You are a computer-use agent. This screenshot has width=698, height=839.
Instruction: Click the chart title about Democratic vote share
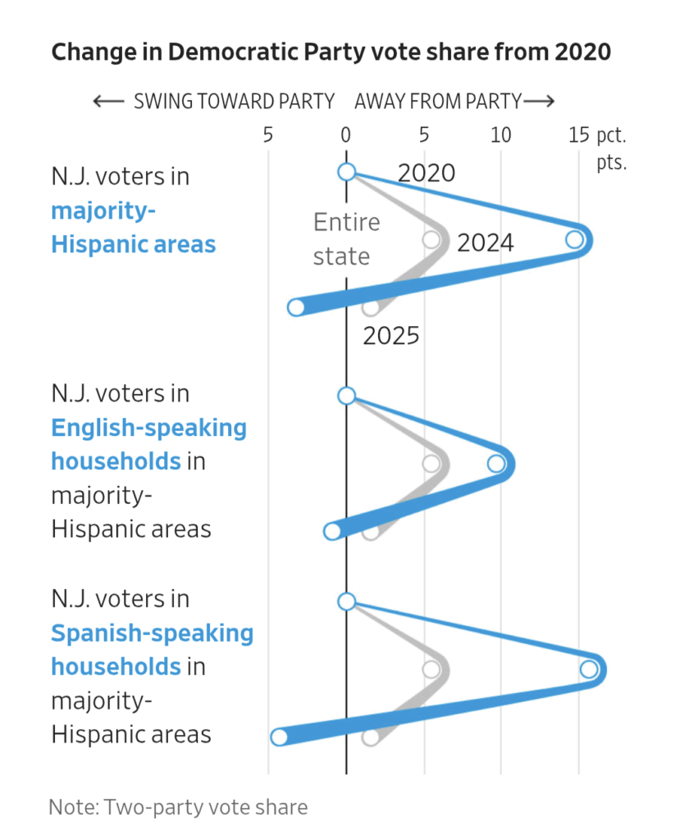click(x=331, y=52)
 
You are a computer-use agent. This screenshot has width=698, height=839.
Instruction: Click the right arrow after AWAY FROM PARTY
click(x=539, y=102)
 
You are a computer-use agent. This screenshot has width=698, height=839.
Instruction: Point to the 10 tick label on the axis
click(x=500, y=135)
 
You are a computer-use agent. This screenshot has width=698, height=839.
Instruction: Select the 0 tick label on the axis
click(x=346, y=135)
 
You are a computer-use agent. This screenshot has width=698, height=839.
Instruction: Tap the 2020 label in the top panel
click(x=426, y=173)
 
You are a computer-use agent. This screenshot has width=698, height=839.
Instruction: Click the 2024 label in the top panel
click(x=485, y=243)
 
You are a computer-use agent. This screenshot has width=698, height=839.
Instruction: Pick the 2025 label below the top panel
click(x=391, y=335)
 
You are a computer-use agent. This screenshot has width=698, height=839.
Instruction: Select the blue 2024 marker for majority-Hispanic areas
click(x=575, y=239)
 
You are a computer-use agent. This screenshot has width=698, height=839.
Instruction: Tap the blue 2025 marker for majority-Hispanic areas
click(x=296, y=308)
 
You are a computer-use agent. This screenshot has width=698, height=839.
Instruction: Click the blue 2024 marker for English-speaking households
click(x=496, y=464)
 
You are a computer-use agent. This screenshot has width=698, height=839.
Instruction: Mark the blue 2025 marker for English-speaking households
click(x=332, y=532)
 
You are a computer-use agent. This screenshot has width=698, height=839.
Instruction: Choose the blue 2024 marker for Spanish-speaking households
click(x=589, y=669)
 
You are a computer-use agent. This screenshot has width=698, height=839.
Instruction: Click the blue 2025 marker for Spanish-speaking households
click(x=279, y=737)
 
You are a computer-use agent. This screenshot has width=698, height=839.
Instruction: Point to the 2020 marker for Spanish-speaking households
click(x=346, y=601)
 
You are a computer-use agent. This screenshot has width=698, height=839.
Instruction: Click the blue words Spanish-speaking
click(x=152, y=633)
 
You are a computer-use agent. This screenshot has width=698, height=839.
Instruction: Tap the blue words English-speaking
click(x=148, y=428)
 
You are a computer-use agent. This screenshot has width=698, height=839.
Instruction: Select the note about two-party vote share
click(x=178, y=807)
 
